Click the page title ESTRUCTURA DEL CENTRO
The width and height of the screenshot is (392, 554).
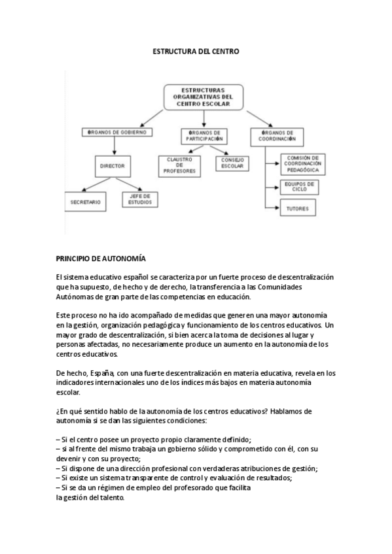click(196, 50)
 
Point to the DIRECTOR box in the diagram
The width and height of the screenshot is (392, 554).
click(112, 166)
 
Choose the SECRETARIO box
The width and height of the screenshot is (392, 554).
click(85, 202)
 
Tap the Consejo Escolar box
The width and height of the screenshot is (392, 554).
click(232, 163)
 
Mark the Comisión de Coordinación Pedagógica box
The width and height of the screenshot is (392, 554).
click(302, 163)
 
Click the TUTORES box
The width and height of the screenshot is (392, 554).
click(298, 209)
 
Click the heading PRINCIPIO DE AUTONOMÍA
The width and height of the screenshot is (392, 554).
click(101, 259)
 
